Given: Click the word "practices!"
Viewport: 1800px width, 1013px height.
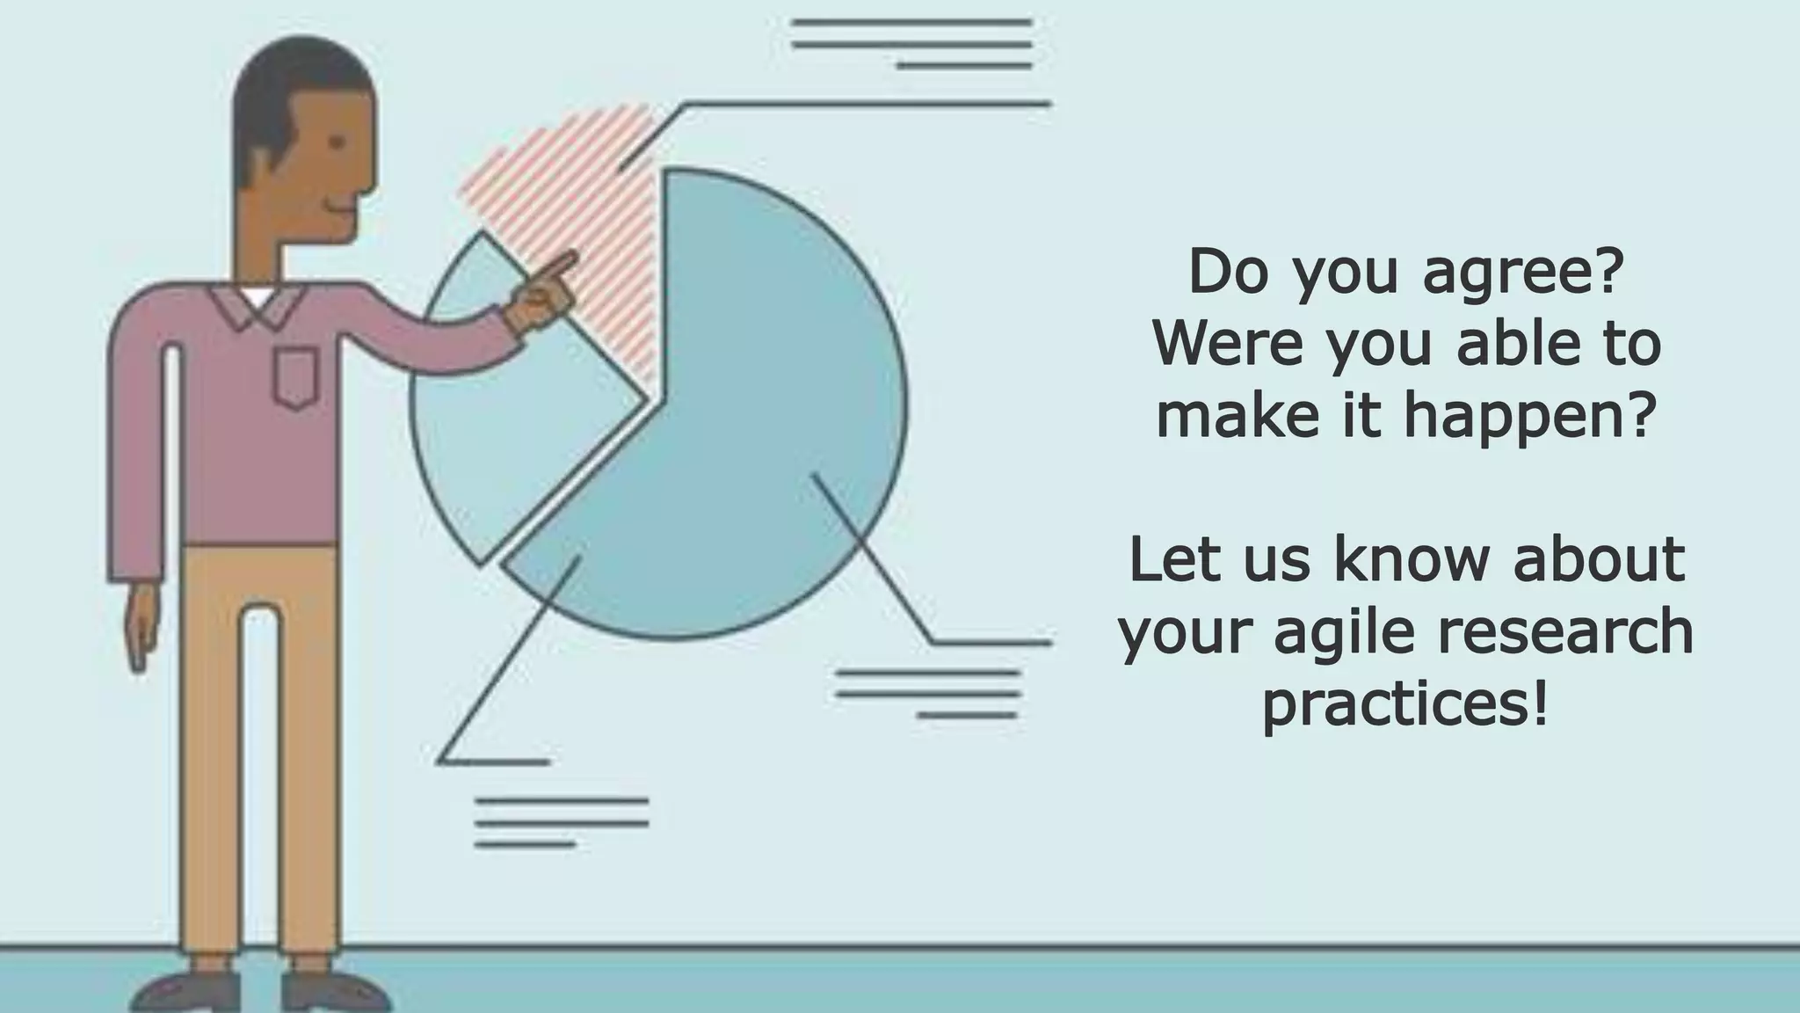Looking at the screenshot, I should [1404, 703].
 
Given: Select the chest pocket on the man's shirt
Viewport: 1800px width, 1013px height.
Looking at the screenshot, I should [294, 376].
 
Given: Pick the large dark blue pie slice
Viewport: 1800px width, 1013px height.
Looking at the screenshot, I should [747, 422].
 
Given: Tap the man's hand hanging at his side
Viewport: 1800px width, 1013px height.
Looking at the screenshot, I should [141, 624].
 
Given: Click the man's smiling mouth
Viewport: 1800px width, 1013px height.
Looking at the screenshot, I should [338, 208].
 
